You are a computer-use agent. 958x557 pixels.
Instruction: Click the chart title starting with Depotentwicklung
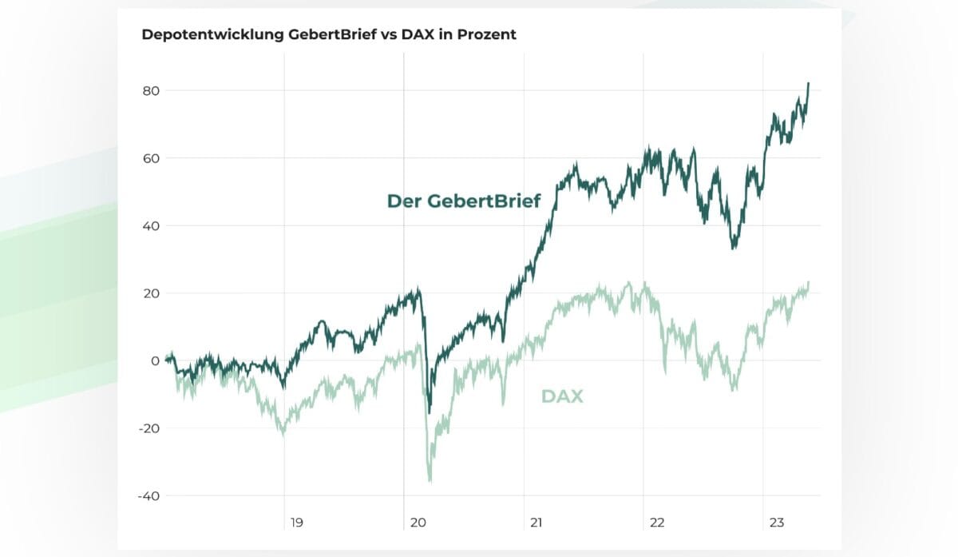click(329, 35)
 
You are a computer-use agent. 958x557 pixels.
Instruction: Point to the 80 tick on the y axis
click(152, 91)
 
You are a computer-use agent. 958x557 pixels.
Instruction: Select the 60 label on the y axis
click(152, 158)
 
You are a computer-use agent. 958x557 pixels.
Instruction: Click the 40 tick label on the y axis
click(152, 226)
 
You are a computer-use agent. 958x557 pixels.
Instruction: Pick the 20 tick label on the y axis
click(152, 293)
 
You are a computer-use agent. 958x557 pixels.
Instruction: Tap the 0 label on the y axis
click(156, 361)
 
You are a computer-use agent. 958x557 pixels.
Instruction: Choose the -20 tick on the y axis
click(149, 428)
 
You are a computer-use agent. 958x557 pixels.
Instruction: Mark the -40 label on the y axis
click(149, 496)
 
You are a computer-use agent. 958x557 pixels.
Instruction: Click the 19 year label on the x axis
click(296, 523)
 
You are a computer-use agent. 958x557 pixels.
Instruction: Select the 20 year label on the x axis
click(417, 523)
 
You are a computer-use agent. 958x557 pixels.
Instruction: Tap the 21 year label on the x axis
click(536, 523)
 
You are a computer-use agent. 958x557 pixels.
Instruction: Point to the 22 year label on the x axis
click(656, 523)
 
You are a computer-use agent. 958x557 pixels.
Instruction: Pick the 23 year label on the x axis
click(776, 523)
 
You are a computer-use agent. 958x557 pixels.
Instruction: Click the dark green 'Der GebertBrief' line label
click(463, 201)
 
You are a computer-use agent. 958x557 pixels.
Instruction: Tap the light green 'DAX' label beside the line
click(562, 396)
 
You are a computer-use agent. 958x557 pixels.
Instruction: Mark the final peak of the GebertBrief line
click(808, 83)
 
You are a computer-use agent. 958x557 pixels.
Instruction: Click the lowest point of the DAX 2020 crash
click(430, 481)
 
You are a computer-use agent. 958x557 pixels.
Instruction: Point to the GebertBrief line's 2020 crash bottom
click(429, 412)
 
